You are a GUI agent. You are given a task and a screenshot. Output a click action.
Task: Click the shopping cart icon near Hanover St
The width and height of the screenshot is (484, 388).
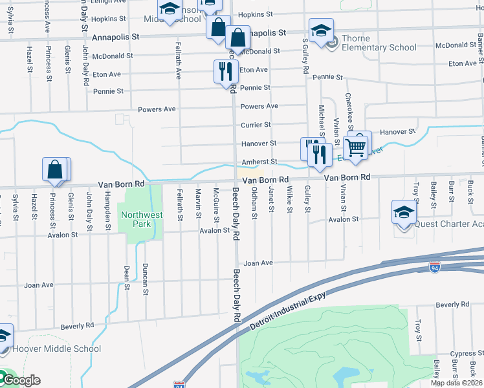[x=357, y=147]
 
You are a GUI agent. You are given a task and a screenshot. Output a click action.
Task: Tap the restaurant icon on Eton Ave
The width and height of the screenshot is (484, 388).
[x=225, y=71]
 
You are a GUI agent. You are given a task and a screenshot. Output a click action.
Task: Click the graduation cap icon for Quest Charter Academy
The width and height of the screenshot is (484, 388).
[x=403, y=213]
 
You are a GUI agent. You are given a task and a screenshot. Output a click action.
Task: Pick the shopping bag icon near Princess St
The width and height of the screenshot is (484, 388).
[x=55, y=170]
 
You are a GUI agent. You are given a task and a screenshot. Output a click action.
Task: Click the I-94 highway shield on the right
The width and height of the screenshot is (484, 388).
[x=435, y=266]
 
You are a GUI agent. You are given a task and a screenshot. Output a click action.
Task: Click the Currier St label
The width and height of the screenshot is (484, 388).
[x=255, y=125]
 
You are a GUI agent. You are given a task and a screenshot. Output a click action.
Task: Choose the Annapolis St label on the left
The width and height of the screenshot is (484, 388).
[x=116, y=38]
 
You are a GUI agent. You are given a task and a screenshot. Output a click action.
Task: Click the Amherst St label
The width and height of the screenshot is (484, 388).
[x=259, y=162]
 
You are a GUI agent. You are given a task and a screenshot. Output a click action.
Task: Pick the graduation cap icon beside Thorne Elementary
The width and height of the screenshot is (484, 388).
[x=320, y=31]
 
